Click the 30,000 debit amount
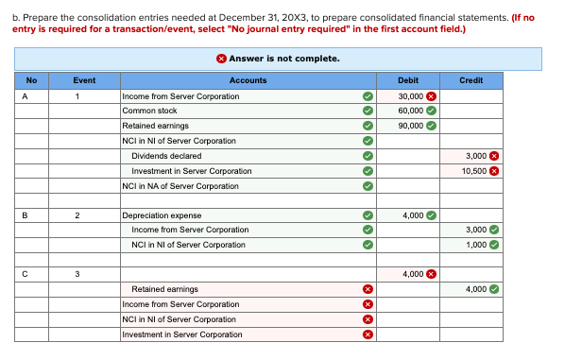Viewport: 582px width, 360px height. [410, 95]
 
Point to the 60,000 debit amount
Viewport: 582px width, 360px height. [410, 111]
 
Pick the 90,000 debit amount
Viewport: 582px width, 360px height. [410, 126]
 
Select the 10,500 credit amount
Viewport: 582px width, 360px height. [475, 171]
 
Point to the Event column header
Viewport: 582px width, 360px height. [85, 80]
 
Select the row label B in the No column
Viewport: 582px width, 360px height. [31, 214]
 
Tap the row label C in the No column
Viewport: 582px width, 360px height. [31, 274]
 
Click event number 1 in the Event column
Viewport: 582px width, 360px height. [85, 95]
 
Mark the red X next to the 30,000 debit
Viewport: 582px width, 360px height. [431, 95]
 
